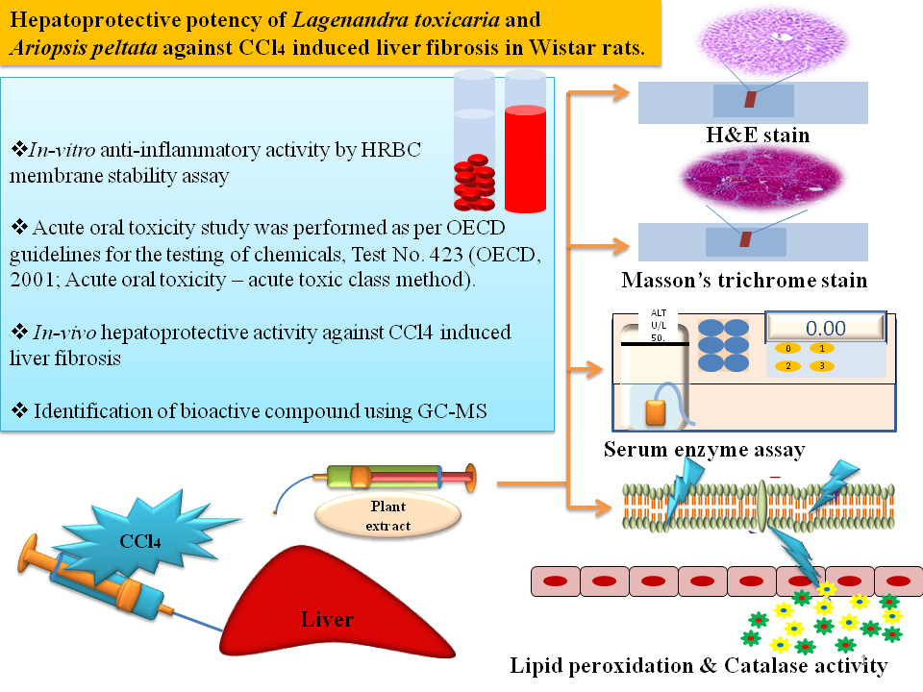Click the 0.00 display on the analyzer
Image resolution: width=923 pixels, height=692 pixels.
point(825,328)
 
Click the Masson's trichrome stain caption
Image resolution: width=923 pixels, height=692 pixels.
point(744,281)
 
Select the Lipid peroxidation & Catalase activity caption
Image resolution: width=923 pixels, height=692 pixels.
point(698,665)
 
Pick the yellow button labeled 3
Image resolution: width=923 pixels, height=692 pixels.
point(821,366)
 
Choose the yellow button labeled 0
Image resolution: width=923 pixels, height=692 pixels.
point(788,349)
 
